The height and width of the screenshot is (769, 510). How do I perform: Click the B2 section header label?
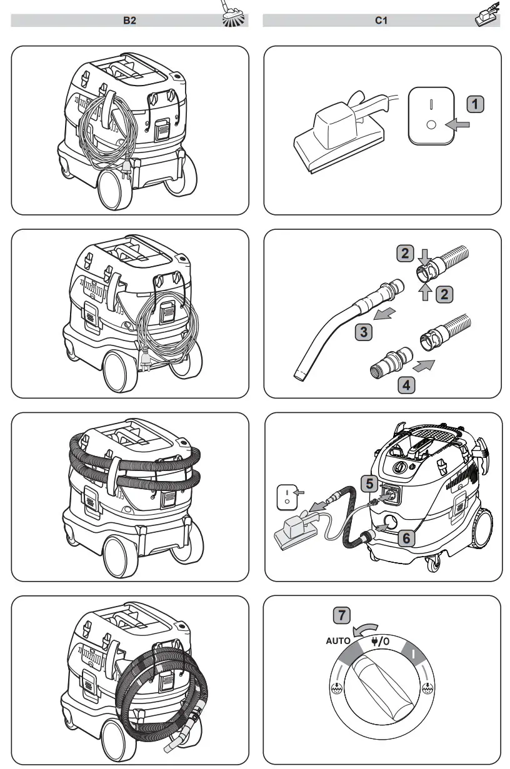[129, 21]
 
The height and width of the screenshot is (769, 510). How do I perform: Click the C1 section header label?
[381, 21]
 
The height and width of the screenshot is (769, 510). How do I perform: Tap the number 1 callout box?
[476, 104]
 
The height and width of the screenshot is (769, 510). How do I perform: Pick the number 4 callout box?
[406, 384]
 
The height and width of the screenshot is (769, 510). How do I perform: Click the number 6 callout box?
[405, 536]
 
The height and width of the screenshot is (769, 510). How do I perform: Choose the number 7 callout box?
[341, 615]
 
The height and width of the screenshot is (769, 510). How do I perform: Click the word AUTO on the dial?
[338, 641]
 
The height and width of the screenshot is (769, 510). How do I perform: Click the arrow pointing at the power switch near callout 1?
[459, 126]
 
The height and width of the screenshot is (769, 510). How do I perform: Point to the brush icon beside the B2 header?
[234, 15]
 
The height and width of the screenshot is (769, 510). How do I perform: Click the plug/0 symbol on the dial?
[379, 642]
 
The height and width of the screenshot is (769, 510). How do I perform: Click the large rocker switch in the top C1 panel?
[430, 116]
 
